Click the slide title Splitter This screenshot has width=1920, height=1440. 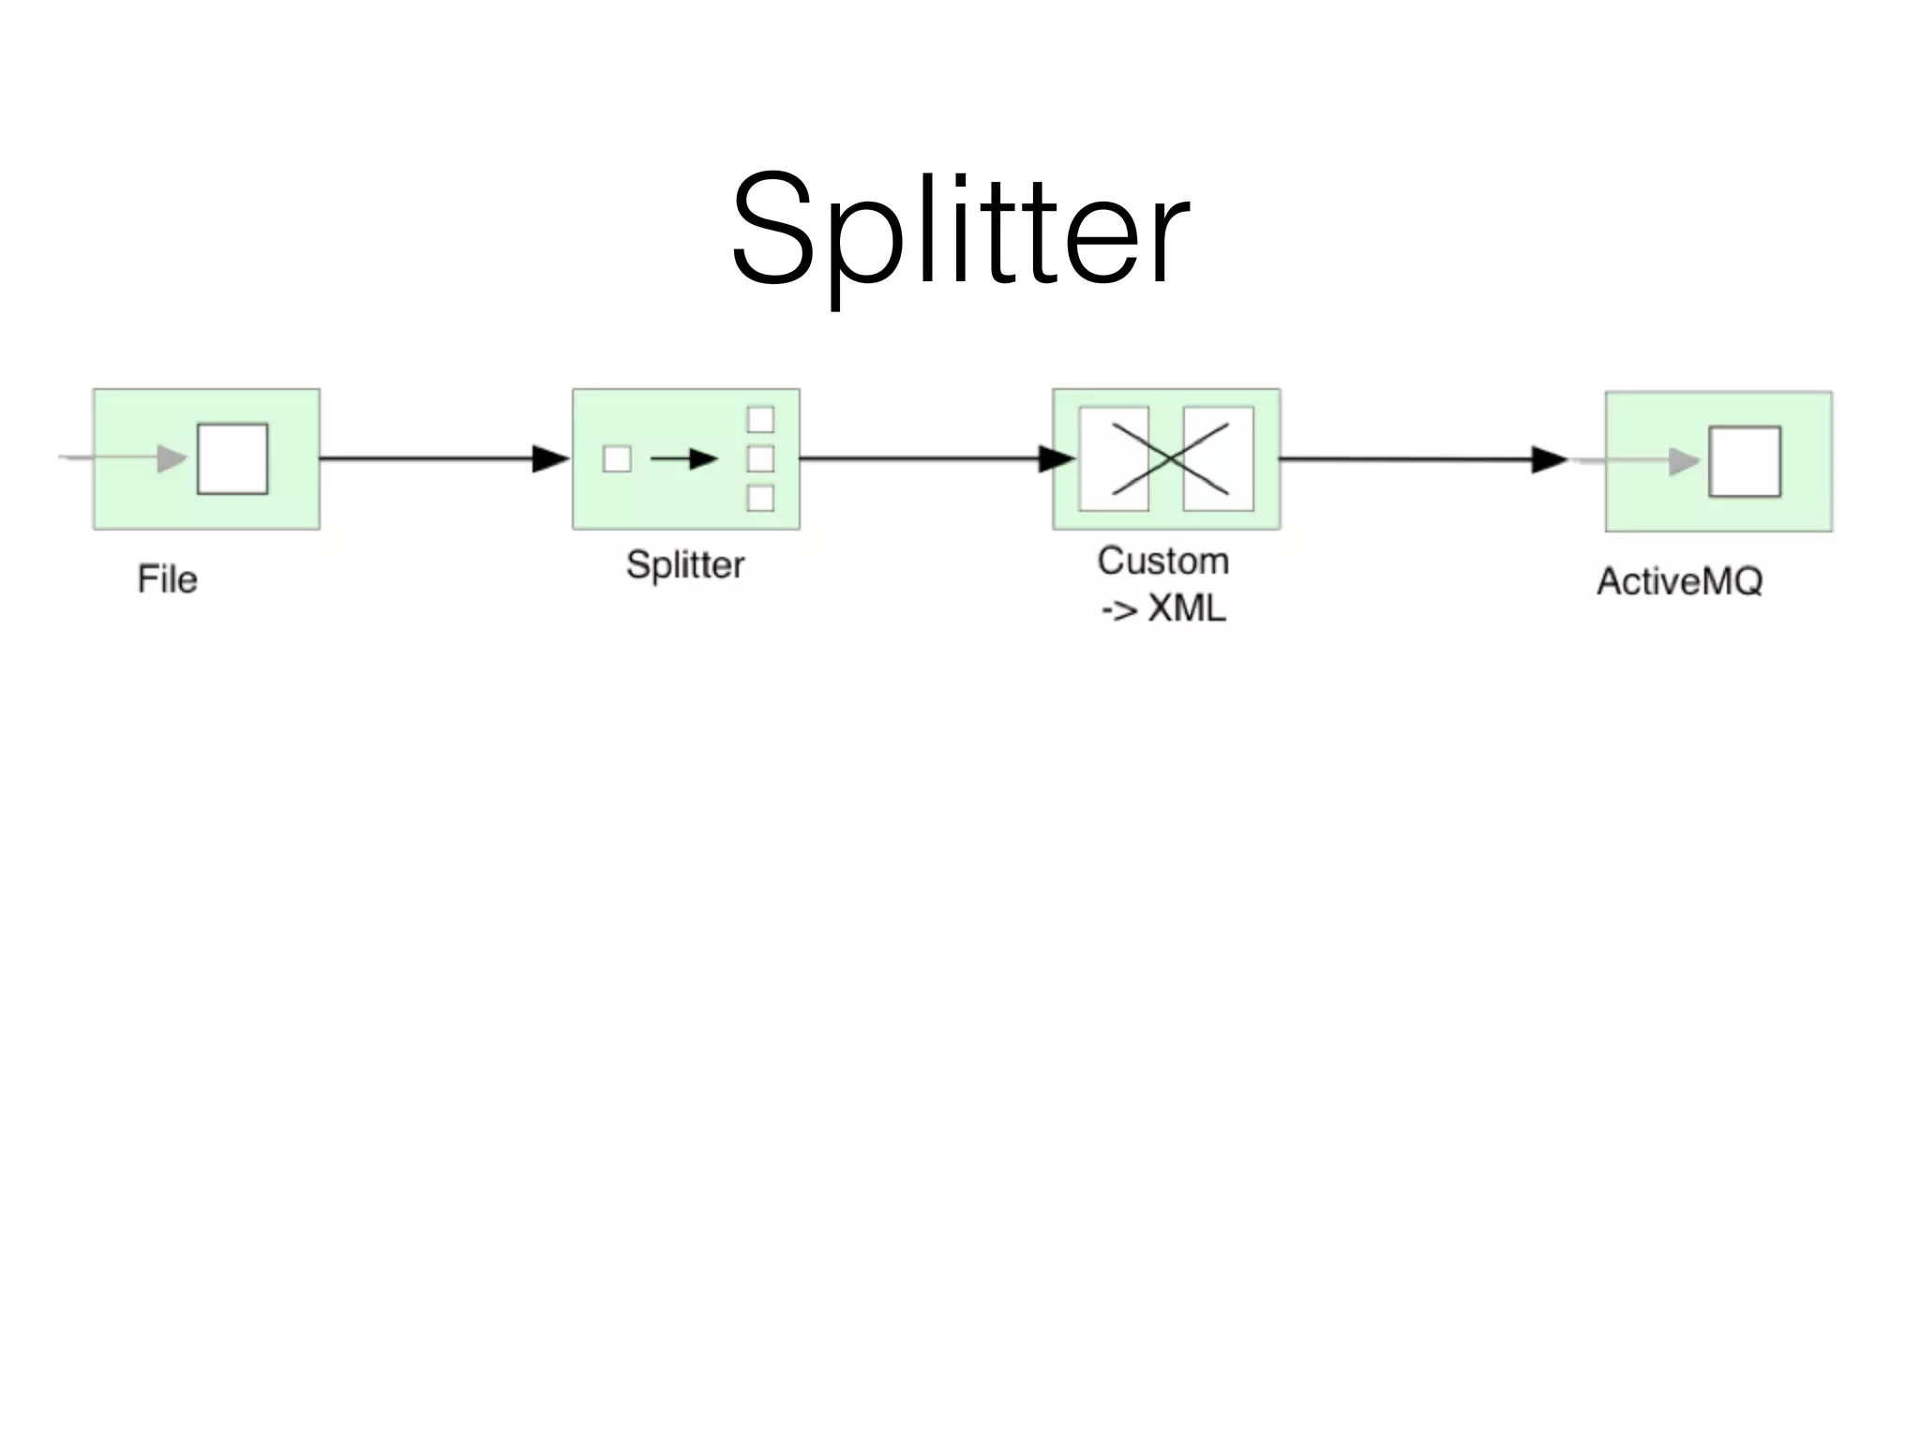(960, 230)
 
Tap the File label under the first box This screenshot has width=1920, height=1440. (167, 579)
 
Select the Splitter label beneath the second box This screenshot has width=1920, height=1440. (685, 564)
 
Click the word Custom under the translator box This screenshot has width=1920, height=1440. (1162, 561)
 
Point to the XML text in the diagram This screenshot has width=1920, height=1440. (1187, 608)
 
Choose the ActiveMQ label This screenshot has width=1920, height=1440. (1679, 581)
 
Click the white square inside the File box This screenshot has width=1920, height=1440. (232, 458)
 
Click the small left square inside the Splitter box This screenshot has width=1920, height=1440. (617, 458)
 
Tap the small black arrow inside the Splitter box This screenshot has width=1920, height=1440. (683, 458)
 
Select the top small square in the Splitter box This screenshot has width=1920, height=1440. (760, 419)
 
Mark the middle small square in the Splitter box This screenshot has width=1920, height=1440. (760, 458)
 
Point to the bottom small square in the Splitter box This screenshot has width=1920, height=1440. (760, 498)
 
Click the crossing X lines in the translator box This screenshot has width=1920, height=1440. (1170, 458)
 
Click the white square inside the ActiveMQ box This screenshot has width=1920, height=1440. (1745, 461)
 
